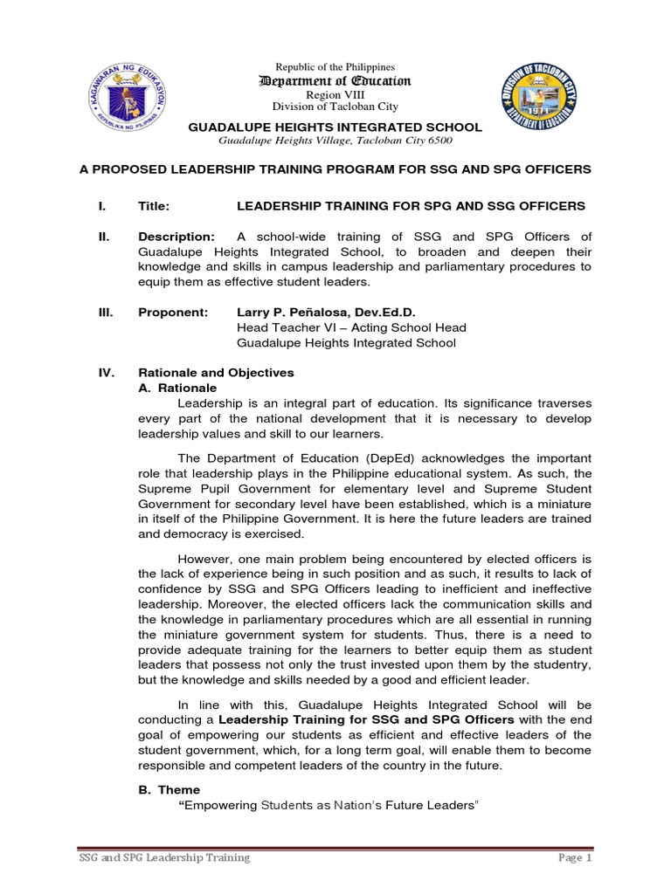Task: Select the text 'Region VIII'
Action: (x=335, y=94)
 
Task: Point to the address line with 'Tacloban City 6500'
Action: (x=335, y=141)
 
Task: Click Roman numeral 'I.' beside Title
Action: (x=102, y=206)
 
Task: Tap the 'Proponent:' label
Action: (x=173, y=313)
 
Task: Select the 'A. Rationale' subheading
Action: (x=177, y=388)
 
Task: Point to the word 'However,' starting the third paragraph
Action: (x=203, y=559)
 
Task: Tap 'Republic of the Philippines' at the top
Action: (x=335, y=67)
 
